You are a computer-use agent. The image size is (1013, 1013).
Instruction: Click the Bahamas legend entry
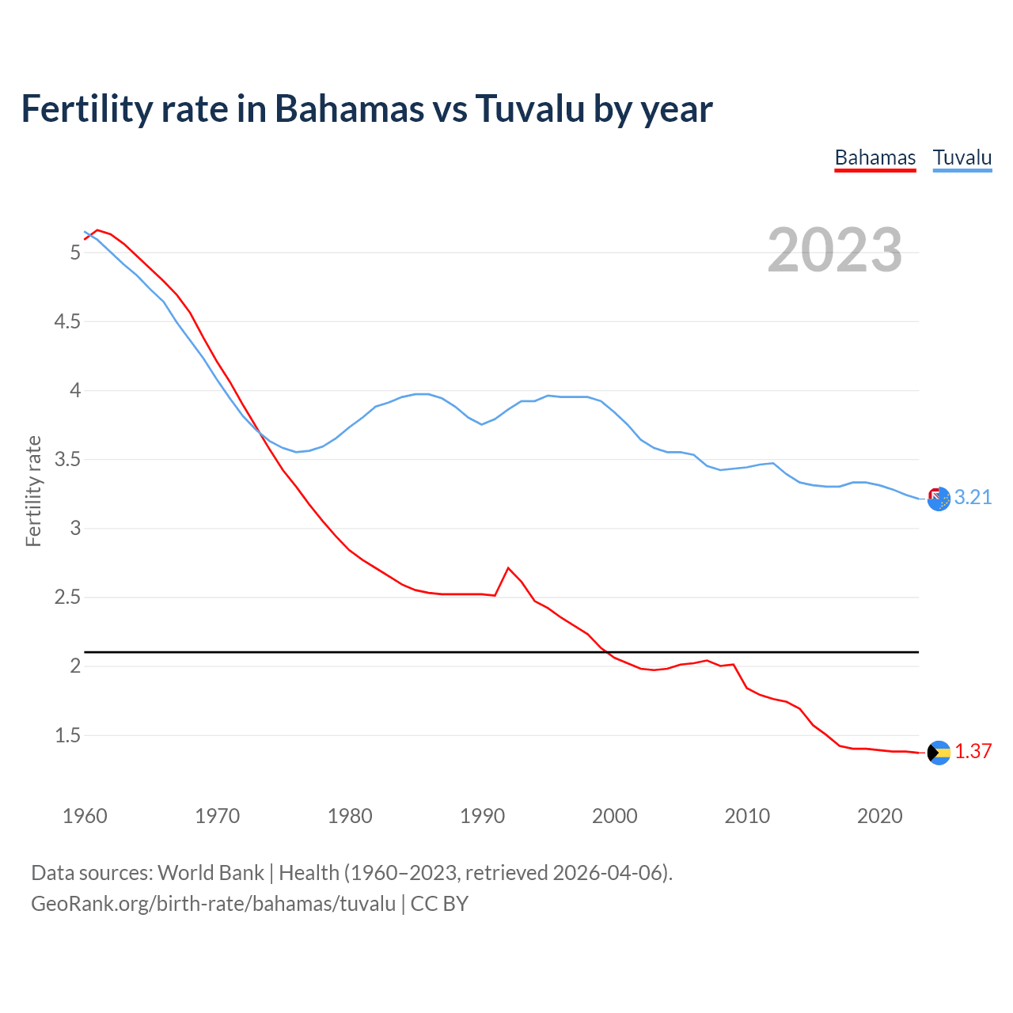(875, 157)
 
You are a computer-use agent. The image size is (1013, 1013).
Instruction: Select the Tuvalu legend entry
(962, 157)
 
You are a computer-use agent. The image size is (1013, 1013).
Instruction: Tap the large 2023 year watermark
(834, 250)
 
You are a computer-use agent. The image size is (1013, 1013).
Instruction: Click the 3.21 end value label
(973, 497)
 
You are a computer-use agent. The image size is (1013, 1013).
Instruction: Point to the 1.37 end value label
(973, 751)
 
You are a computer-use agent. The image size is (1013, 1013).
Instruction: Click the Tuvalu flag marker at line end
(938, 499)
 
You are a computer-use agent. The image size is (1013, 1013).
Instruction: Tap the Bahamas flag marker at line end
(938, 753)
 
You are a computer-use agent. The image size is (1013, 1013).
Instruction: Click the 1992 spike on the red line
(508, 568)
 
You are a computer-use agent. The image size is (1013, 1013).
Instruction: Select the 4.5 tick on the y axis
(67, 321)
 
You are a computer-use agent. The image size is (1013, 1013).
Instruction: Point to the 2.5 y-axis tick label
(67, 597)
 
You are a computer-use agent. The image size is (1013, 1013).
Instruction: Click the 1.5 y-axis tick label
(67, 735)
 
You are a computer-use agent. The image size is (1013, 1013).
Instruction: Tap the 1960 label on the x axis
(85, 816)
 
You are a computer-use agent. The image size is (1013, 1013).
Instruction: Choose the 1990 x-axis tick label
(482, 816)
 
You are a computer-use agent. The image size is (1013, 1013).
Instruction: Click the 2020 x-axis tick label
(879, 816)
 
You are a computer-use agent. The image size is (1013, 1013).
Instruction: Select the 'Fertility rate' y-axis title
(33, 491)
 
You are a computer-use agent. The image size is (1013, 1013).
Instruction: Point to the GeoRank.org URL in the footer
(213, 903)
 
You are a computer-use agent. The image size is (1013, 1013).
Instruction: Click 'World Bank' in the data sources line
(211, 872)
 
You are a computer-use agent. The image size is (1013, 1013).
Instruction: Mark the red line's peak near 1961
(97, 230)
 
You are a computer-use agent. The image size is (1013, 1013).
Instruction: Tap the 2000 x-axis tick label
(614, 816)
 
